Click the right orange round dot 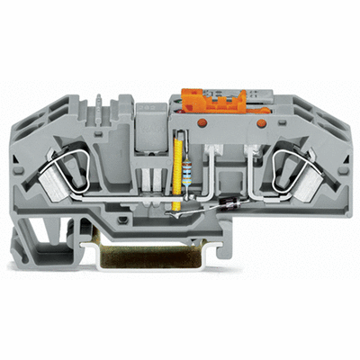[262, 121]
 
